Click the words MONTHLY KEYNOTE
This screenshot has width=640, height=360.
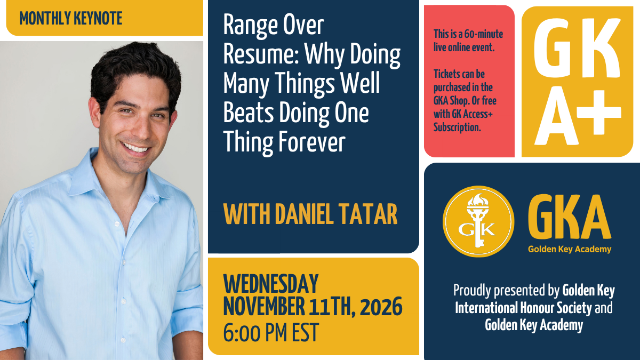pyautogui.click(x=71, y=18)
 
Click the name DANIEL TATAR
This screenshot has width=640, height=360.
pyautogui.click(x=337, y=214)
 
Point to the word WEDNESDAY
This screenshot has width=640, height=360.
pyautogui.click(x=271, y=284)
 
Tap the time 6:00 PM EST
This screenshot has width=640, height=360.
pyautogui.click(x=271, y=332)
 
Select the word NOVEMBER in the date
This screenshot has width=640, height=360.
pyautogui.click(x=264, y=307)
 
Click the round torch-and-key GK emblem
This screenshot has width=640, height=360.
pyautogui.click(x=478, y=221)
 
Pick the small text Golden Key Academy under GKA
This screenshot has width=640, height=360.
pyautogui.click(x=570, y=249)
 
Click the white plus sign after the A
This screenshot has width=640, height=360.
pyautogui.click(x=598, y=113)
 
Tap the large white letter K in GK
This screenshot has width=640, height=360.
pyautogui.click(x=601, y=47)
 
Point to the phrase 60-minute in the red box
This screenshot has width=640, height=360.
pyautogui.click(x=484, y=34)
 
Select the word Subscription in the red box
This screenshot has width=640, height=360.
pyautogui.click(x=457, y=127)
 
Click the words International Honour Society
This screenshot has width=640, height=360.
pyautogui.click(x=523, y=308)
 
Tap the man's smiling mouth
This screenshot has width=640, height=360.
pyautogui.click(x=135, y=148)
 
